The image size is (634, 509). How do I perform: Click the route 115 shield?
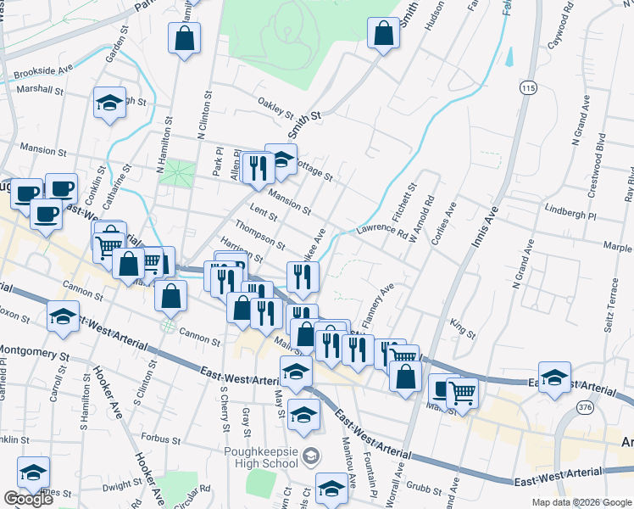(x=529, y=88)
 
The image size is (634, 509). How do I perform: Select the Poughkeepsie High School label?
(x=263, y=456)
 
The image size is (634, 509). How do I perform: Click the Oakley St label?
(x=275, y=109)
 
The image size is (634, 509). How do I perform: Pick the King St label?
(x=463, y=325)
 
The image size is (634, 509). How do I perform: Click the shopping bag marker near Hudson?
(x=384, y=34)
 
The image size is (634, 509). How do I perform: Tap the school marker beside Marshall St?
(x=109, y=103)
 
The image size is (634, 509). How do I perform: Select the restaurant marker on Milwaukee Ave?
(x=302, y=275)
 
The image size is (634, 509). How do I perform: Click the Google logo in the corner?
(x=28, y=499)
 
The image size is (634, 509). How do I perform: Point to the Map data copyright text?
(x=581, y=502)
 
